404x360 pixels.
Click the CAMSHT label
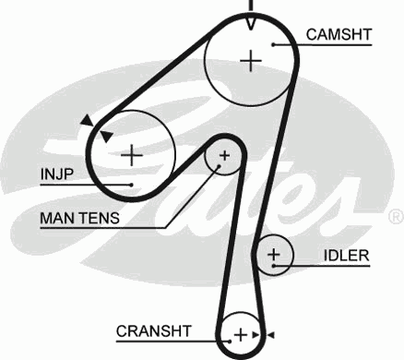(339, 35)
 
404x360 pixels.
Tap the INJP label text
(57, 173)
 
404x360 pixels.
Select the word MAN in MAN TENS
(56, 219)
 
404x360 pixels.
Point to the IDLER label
(346, 255)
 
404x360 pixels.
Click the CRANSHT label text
(153, 330)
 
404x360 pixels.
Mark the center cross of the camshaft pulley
(250, 61)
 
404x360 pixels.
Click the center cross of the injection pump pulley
(132, 153)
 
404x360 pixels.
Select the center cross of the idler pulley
(273, 254)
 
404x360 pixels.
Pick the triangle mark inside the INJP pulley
(106, 136)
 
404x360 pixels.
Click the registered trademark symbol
(395, 216)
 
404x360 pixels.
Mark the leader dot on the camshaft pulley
(275, 43)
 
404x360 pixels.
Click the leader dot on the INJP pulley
(133, 184)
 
